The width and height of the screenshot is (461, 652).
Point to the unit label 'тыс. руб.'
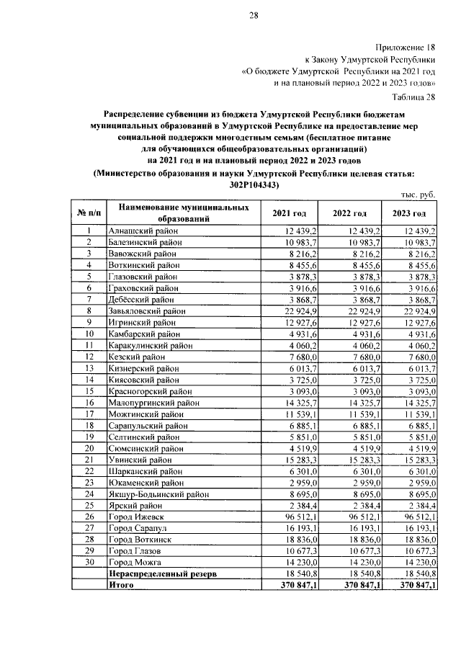[419, 195]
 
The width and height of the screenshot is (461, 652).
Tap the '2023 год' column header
[408, 214]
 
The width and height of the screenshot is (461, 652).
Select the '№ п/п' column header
[89, 214]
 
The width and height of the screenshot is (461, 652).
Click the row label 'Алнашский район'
[143, 231]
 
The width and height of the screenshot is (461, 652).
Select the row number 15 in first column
[89, 390]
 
